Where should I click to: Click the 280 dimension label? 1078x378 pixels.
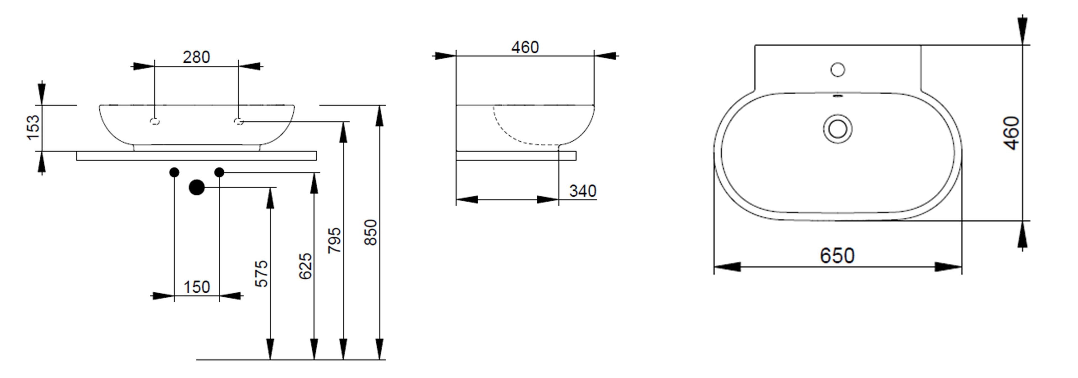coord(196,57)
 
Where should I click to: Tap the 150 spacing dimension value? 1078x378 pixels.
coord(197,287)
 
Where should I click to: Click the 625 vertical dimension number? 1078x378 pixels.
coord(305,266)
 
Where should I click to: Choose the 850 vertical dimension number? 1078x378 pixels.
coord(371,232)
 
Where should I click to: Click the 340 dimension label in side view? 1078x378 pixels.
coord(583,191)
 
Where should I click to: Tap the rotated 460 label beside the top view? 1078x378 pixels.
coord(1011,133)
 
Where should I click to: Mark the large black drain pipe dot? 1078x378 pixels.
coord(197,188)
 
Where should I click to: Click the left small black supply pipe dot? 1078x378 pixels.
coord(175,172)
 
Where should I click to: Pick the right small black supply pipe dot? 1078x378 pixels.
coord(219,172)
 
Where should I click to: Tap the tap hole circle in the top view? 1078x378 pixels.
coord(838,69)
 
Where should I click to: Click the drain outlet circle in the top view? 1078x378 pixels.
coord(838,129)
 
